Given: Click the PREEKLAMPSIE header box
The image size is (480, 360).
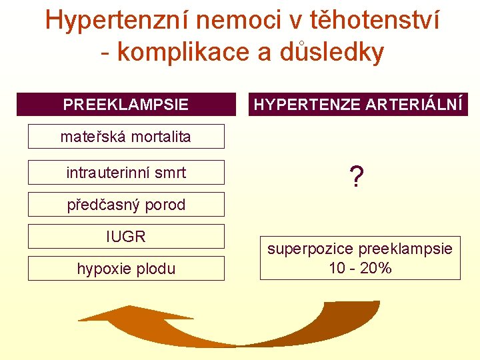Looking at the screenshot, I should click(x=126, y=105).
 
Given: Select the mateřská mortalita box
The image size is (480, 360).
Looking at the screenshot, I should click(x=126, y=137).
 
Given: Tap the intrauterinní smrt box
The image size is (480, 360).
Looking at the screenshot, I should click(x=126, y=173).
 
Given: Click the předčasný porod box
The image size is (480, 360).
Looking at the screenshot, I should click(x=126, y=205).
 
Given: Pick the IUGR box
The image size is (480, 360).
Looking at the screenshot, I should click(x=126, y=237).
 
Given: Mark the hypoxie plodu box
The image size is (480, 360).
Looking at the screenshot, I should click(x=126, y=269).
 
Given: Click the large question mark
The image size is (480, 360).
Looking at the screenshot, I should click(x=357, y=177).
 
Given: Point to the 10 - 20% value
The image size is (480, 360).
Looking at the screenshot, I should click(x=360, y=269).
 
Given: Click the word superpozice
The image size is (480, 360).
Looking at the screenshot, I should click(x=311, y=249).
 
